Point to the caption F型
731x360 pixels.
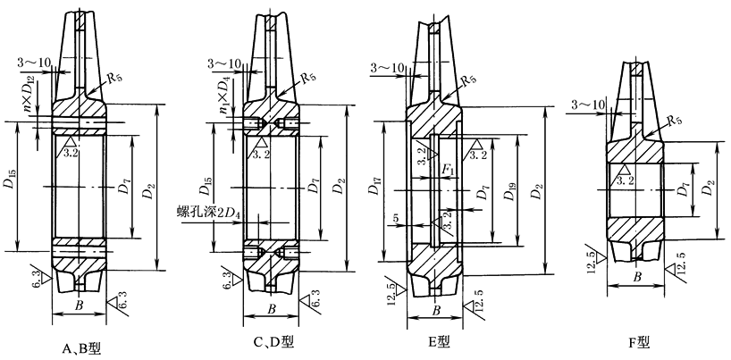[x=637, y=342]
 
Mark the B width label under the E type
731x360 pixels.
[x=435, y=312]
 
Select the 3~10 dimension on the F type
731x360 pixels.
[x=587, y=105]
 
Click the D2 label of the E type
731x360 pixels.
[x=535, y=191]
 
